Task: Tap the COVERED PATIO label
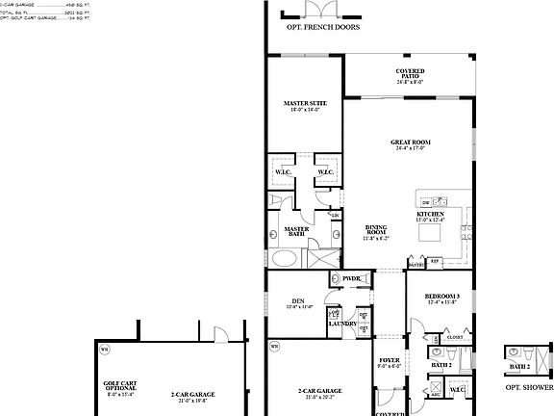coord(411,74)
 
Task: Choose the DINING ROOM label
coord(375,231)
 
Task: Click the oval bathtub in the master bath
coord(285,259)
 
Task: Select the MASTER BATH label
coord(296,232)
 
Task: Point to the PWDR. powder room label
coord(351,278)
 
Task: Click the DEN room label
coord(298,303)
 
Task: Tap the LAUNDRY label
coord(342,324)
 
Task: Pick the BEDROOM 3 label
coord(443,298)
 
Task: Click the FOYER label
coord(390,362)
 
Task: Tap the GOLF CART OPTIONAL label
coord(121,387)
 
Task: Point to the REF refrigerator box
coord(434,261)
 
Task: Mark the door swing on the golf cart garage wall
coord(219,333)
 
